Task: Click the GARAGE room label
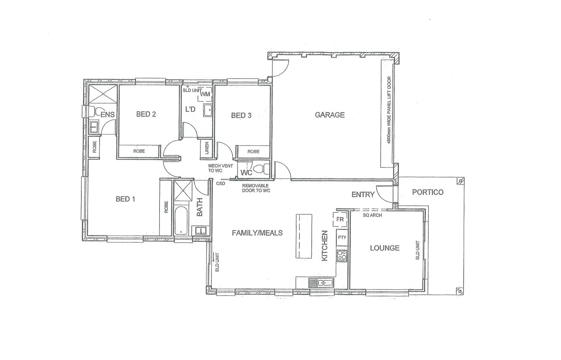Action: click(330, 115)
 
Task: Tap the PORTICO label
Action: click(427, 192)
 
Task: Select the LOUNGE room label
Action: click(385, 248)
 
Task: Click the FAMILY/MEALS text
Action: click(257, 233)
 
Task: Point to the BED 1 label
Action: click(125, 199)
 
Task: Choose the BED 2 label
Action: click(146, 114)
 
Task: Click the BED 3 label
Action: click(241, 115)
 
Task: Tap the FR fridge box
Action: click(340, 220)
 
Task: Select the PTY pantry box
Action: click(342, 238)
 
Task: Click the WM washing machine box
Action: click(205, 94)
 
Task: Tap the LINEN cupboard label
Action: click(207, 148)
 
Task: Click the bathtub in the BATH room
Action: click(181, 221)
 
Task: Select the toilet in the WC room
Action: click(260, 170)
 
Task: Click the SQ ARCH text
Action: click(372, 215)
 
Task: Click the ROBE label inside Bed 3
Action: click(253, 152)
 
